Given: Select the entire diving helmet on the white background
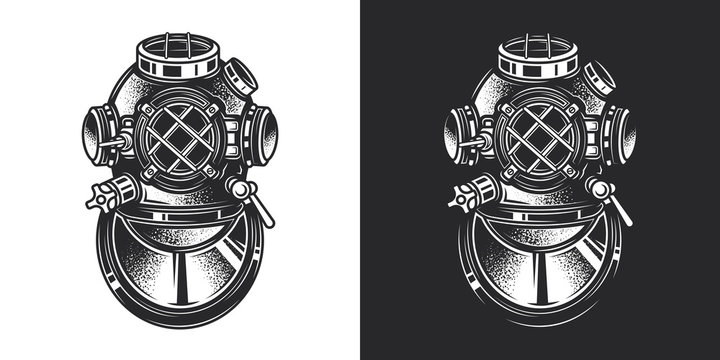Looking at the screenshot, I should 181,180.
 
